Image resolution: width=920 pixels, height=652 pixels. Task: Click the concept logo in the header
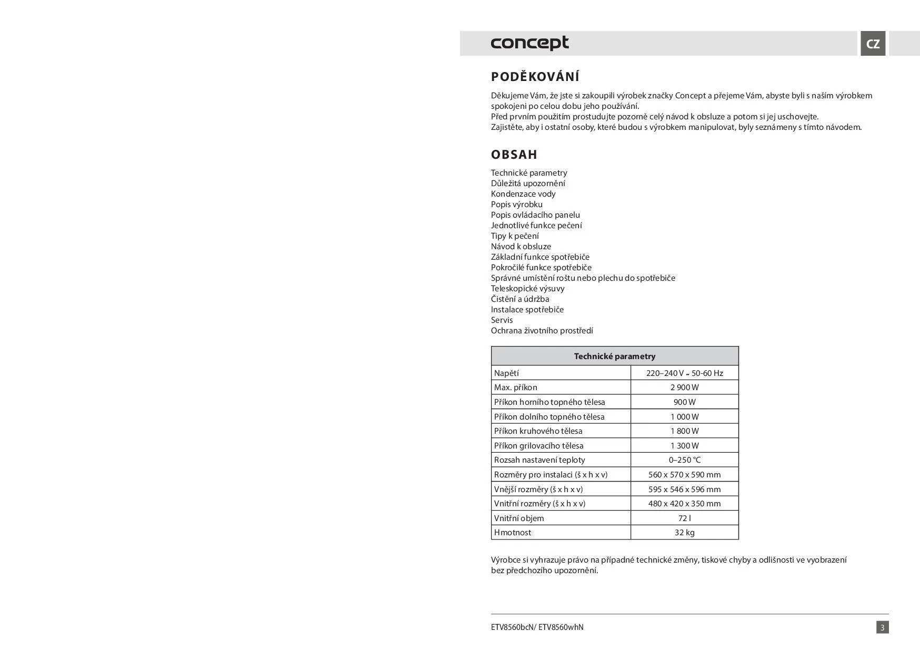[529, 43]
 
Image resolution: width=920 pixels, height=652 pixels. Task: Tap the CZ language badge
[873, 44]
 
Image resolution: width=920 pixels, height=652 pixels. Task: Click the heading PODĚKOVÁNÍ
[535, 77]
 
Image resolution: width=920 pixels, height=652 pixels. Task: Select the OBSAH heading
[514, 155]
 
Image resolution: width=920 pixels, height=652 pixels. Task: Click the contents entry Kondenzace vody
[523, 194]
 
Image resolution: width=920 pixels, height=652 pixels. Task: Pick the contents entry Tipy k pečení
[515, 236]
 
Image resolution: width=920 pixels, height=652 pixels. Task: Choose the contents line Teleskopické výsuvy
[527, 289]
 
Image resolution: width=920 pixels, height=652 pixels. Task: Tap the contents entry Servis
[502, 320]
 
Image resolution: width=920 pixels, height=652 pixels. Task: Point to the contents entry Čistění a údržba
[520, 299]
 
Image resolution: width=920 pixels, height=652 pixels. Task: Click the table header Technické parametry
[615, 356]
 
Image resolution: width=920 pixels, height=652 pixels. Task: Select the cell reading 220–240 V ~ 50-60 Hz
[684, 373]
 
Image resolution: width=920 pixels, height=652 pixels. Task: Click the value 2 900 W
[684, 388]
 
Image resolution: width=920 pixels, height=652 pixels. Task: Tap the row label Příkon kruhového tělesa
[538, 431]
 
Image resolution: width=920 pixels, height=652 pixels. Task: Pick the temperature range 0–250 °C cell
[684, 460]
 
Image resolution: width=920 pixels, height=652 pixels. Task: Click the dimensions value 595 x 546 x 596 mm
[684, 490]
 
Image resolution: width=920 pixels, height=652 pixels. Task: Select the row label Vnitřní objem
[519, 518]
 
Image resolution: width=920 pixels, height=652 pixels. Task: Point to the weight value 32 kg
[684, 533]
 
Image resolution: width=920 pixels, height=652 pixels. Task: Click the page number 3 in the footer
[882, 627]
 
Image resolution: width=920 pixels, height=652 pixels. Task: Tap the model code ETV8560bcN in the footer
[512, 627]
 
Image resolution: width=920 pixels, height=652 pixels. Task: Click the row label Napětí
[506, 373]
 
